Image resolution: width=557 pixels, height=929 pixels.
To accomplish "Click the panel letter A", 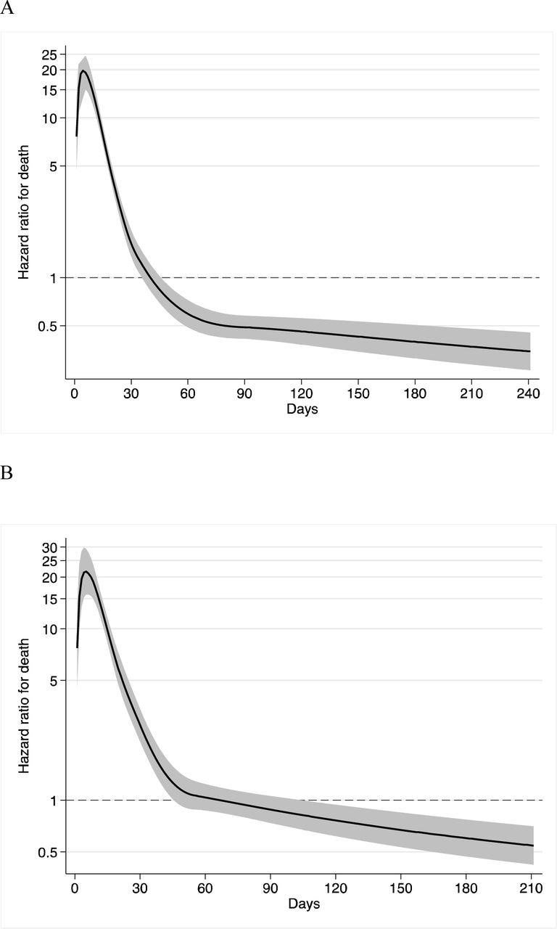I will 7,11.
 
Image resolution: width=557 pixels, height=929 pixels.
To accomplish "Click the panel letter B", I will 7,472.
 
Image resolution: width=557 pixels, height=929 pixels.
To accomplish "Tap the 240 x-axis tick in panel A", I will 528,394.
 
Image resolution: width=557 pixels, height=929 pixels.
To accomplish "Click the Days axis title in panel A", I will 302,409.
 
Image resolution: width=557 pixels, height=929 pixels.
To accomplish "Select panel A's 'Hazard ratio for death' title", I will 24,211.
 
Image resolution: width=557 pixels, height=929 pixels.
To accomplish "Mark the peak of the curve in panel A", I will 83,70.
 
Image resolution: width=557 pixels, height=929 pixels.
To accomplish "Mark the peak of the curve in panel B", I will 86,572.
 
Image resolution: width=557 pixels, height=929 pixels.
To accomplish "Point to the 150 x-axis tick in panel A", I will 358,394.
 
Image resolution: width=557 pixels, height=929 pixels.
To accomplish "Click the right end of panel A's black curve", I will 530,351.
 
